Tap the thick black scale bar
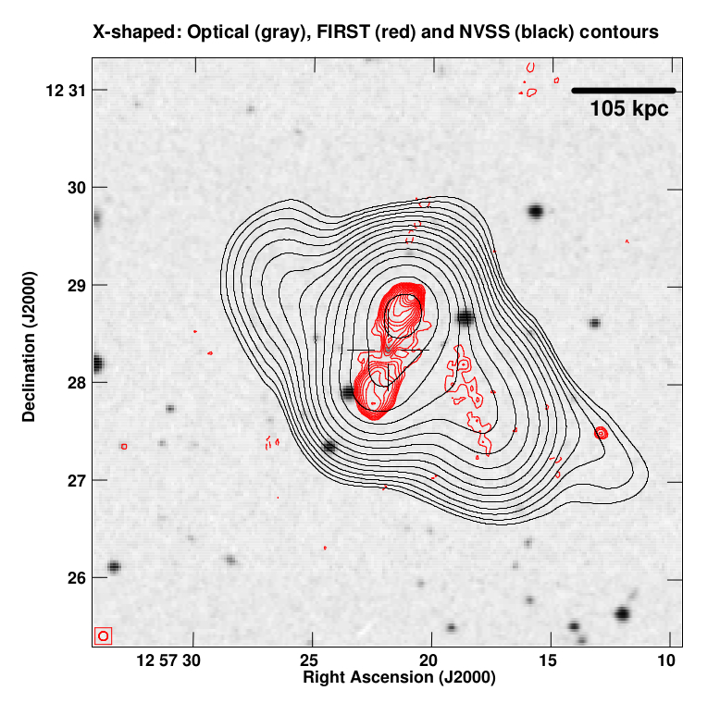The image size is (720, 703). click(624, 90)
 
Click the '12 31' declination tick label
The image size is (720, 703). click(62, 90)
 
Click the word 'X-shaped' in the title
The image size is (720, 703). click(134, 31)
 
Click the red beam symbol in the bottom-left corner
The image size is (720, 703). click(103, 635)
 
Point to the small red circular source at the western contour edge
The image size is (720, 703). click(602, 432)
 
